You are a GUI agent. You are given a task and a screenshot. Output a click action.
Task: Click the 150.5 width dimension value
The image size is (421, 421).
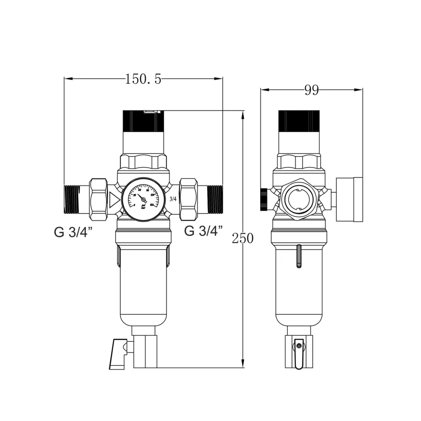tap(143, 79)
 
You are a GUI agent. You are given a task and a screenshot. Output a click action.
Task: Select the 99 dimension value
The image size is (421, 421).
tap(312, 90)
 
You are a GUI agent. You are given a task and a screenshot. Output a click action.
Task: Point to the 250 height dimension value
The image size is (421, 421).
tap(243, 238)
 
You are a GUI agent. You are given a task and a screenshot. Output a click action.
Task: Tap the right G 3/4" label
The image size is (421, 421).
tap(203, 232)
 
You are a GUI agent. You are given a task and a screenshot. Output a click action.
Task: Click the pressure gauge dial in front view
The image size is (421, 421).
tap(143, 199)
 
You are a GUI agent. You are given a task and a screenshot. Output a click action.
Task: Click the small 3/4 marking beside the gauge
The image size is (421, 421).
tap(173, 198)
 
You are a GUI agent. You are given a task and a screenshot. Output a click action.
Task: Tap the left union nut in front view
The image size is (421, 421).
tap(98, 199)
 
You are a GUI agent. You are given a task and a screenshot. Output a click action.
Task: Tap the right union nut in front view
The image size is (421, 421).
tap(188, 199)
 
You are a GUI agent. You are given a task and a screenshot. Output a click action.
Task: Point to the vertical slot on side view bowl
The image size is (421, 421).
tap(298, 256)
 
